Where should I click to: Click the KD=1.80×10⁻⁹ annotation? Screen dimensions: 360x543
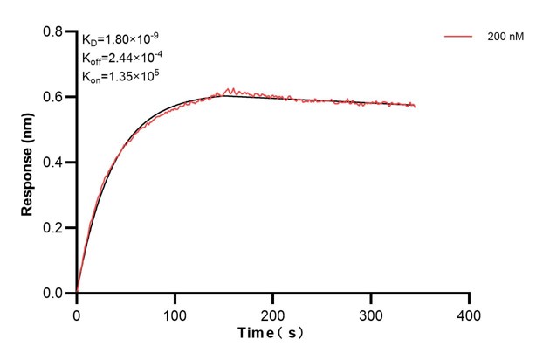coord(120,39)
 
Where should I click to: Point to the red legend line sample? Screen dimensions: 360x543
coord(459,38)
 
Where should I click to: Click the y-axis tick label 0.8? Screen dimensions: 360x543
coord(54,31)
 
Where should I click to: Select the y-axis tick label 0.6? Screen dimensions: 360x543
coord(54,97)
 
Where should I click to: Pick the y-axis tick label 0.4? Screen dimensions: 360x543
coord(54,163)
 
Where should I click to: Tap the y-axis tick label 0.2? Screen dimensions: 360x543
coord(54,228)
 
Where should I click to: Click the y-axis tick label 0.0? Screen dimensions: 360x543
coord(54,294)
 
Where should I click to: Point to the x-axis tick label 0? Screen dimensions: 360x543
coord(77,314)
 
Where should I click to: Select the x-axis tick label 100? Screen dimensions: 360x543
coord(175,314)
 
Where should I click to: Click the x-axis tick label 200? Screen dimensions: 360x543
coord(273,314)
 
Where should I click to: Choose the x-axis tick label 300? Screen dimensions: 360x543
coord(371,314)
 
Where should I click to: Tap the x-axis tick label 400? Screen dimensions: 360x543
coord(470,314)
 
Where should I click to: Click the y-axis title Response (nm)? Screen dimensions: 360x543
coord(28,163)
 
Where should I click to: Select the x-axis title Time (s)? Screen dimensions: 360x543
coord(272,334)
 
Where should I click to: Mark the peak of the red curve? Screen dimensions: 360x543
coord(229,88)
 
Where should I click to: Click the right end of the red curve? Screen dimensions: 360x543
coord(415,107)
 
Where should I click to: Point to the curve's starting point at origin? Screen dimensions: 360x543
coord(77,293)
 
